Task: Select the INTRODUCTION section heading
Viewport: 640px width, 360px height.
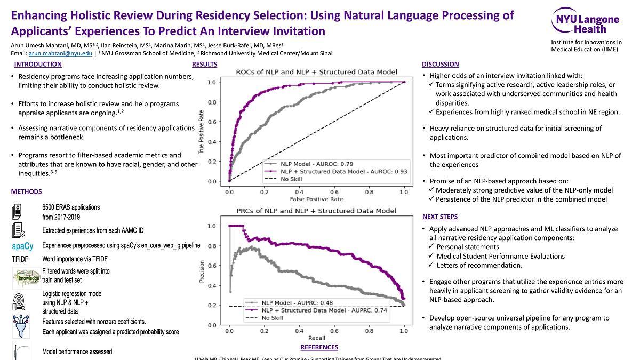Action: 38,65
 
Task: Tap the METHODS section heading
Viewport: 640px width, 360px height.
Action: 26,191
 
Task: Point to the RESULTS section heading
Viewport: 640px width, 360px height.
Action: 204,65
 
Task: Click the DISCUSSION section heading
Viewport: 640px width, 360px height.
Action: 440,65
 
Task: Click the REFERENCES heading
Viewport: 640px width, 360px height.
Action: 319,347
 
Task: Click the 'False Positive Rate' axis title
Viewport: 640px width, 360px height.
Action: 316,199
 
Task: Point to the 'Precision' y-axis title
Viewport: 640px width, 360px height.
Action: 202,271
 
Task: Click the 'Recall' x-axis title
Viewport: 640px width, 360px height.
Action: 316,338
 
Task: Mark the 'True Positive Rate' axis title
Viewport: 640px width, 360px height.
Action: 202,132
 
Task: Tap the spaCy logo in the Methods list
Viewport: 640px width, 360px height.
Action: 22,246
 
